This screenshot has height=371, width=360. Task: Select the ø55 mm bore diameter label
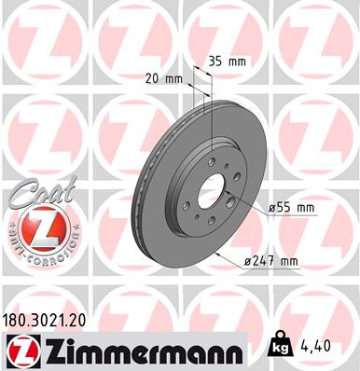[x=292, y=208]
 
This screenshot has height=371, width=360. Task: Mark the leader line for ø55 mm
[x=244, y=205]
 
